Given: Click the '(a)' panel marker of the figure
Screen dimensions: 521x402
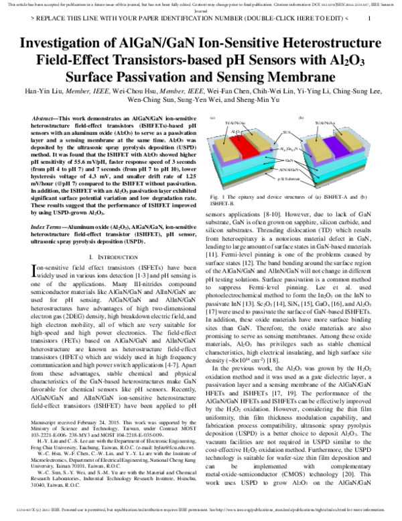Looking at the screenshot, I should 212,117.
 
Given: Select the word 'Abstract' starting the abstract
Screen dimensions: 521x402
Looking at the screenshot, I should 46,117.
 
